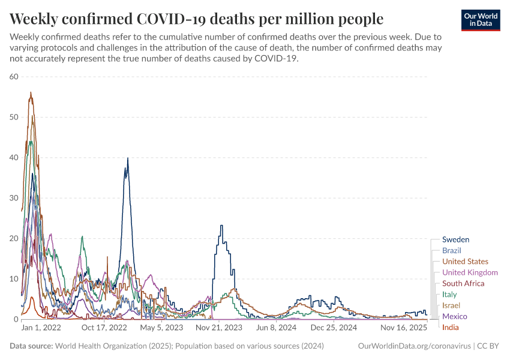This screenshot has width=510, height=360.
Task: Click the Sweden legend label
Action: tap(455, 239)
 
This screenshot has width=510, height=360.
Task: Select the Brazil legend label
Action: tap(451, 250)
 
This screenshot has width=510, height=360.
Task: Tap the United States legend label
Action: tap(465, 262)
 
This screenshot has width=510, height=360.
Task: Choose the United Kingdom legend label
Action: tap(470, 272)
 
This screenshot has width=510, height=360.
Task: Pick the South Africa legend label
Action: tap(463, 283)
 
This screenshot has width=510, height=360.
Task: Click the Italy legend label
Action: tap(449, 294)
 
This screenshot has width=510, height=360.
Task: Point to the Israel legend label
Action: tap(451, 305)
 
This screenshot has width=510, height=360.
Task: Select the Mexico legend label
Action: tap(454, 316)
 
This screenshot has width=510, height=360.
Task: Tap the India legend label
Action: tap(450, 327)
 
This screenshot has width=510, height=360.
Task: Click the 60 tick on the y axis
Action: tap(14, 77)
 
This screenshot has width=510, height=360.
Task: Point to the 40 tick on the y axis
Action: tap(14, 158)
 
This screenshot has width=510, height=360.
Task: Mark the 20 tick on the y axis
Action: tap(14, 239)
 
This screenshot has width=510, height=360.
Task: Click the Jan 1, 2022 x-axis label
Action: tap(41, 328)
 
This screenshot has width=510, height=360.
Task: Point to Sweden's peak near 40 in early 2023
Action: tap(127, 158)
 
